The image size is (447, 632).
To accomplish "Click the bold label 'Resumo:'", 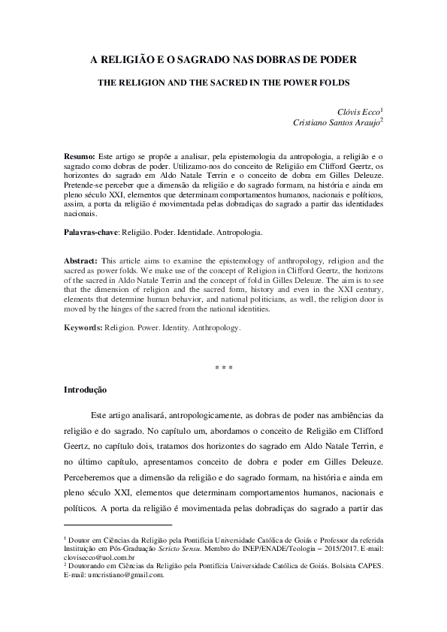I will (x=79, y=153).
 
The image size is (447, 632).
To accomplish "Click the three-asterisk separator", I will (x=224, y=368).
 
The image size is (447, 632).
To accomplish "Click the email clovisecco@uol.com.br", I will (x=99, y=558).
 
